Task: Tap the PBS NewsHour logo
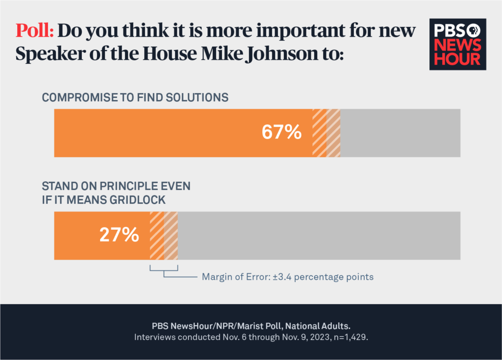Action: [458, 45]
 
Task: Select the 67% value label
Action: [281, 132]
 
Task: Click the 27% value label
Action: [120, 235]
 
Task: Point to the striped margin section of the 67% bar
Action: [326, 133]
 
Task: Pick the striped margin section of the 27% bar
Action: [164, 236]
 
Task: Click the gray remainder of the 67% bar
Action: [400, 133]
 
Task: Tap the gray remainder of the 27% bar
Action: [319, 236]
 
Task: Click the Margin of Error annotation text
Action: [288, 277]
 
